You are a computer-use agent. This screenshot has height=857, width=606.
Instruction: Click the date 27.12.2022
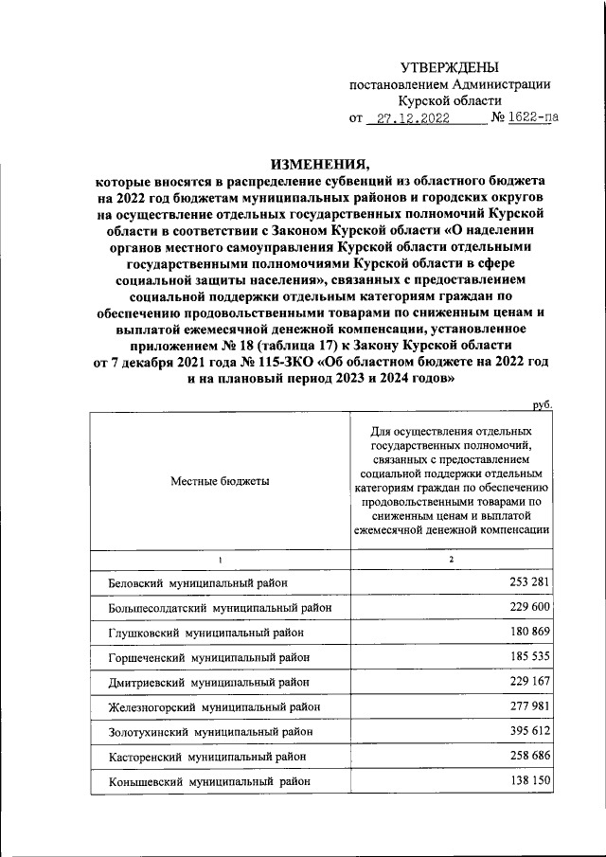[x=413, y=118]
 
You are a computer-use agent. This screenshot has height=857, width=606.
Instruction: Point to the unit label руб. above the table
[x=542, y=404]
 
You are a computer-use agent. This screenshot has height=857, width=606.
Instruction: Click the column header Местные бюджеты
[x=220, y=481]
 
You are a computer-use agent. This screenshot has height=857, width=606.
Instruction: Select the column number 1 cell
[x=220, y=561]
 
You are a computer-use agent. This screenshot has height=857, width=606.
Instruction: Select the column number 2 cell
[x=452, y=561]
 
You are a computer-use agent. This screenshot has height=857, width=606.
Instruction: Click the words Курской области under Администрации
[x=450, y=100]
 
